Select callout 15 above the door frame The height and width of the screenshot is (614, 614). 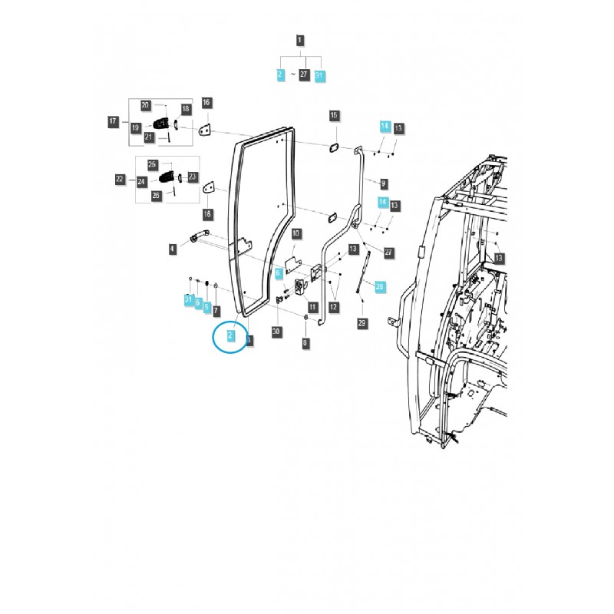click(334, 115)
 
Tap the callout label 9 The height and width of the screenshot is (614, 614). click(383, 183)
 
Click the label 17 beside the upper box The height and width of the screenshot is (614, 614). click(113, 120)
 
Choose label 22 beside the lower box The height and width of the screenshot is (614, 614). click(120, 179)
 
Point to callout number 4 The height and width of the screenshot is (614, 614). click(173, 247)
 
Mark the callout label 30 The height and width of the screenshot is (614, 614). click(276, 332)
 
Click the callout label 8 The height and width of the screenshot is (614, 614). click(305, 343)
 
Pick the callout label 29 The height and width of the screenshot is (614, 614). click(361, 323)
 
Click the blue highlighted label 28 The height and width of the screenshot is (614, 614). click(379, 286)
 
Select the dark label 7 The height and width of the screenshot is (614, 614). click(216, 310)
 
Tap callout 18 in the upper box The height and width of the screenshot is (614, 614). click(186, 110)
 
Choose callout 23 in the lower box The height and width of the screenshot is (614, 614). click(193, 176)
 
